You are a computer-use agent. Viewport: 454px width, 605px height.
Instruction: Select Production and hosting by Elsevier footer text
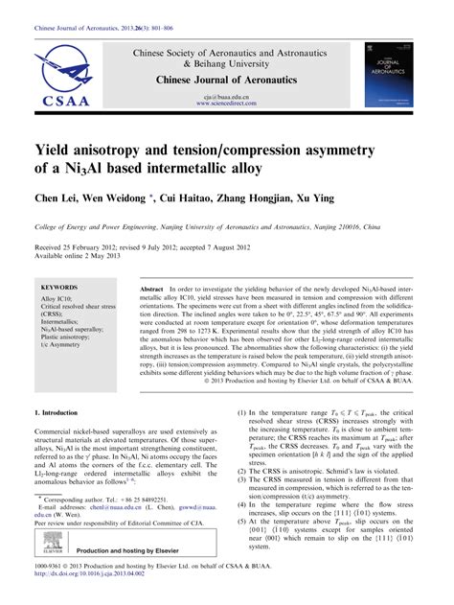[138, 566]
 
